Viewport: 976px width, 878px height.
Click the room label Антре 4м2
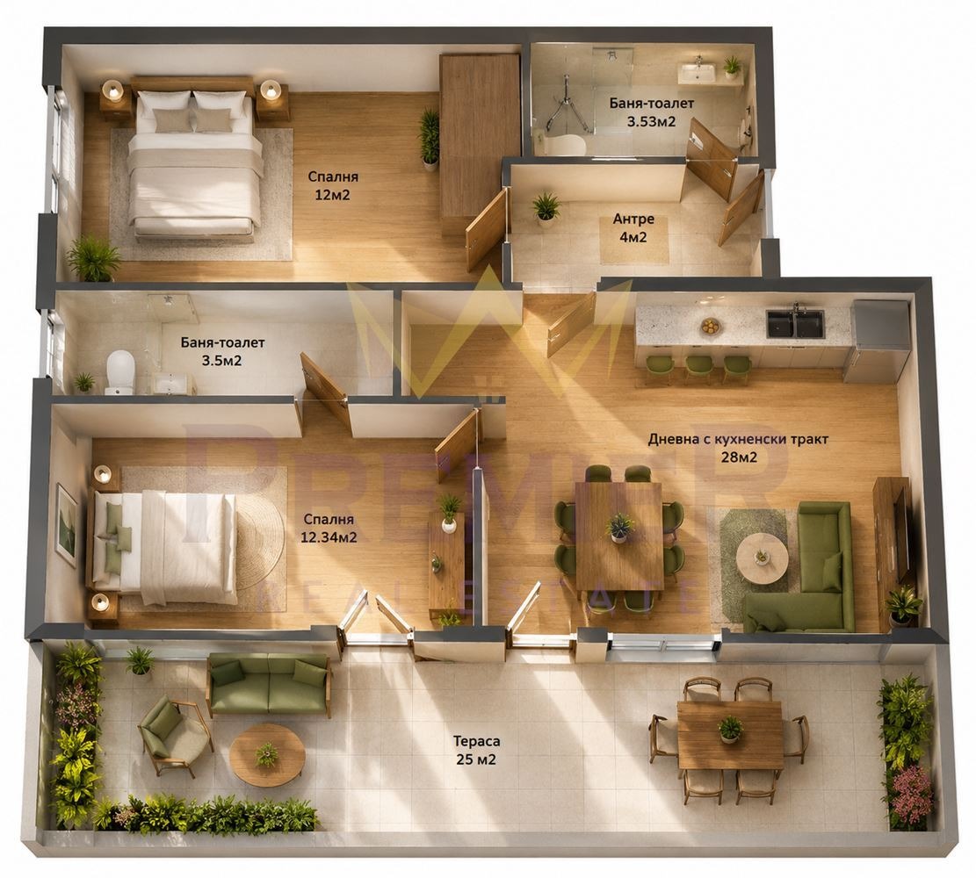click(x=633, y=227)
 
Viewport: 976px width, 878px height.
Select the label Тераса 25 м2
click(x=476, y=750)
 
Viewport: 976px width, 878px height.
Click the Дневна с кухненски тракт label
click(x=738, y=439)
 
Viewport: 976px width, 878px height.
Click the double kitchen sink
click(x=795, y=324)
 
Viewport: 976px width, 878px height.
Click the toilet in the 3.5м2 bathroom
click(x=120, y=371)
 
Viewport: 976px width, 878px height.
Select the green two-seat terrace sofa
click(x=269, y=685)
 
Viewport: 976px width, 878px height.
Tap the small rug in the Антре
click(x=633, y=240)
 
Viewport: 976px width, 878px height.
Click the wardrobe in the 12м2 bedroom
click(x=478, y=143)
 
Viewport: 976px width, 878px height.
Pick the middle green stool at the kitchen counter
click(x=698, y=369)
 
